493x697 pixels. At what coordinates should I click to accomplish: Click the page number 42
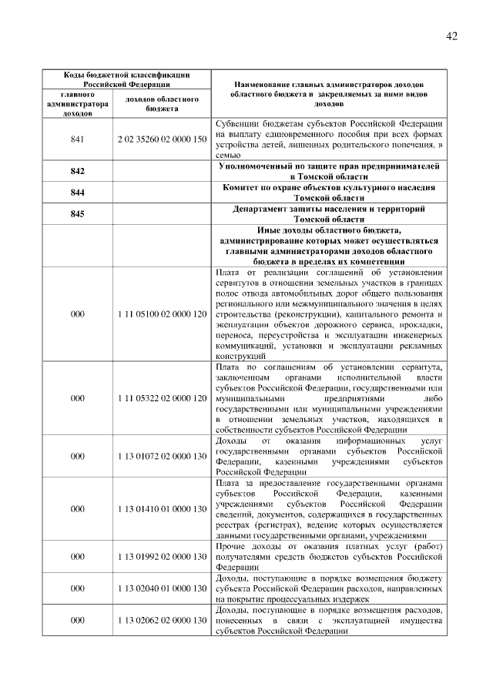pyautogui.click(x=452, y=37)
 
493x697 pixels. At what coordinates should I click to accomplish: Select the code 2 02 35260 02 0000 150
pyautogui.click(x=162, y=139)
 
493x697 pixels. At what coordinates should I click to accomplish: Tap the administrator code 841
pyautogui.click(x=77, y=139)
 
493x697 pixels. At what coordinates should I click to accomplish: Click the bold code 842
pyautogui.click(x=77, y=171)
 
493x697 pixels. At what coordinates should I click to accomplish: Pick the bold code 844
pyautogui.click(x=77, y=193)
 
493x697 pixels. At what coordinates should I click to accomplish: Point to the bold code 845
pyautogui.click(x=77, y=214)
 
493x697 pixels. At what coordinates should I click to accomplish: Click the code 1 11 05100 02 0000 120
pyautogui.click(x=162, y=314)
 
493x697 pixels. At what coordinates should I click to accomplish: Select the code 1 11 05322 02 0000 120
pyautogui.click(x=162, y=399)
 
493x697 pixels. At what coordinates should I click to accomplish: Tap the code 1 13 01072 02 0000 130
pyautogui.click(x=162, y=456)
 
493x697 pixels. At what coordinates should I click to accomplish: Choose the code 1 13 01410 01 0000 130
pyautogui.click(x=162, y=509)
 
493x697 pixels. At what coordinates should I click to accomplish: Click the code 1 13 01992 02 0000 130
pyautogui.click(x=162, y=556)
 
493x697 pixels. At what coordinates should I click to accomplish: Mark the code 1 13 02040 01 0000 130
pyautogui.click(x=162, y=588)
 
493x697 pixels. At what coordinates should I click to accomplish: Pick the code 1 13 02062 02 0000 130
pyautogui.click(x=162, y=621)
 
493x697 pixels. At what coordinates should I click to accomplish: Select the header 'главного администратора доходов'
pyautogui.click(x=77, y=104)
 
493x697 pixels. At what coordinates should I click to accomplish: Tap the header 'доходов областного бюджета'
pyautogui.click(x=162, y=104)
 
